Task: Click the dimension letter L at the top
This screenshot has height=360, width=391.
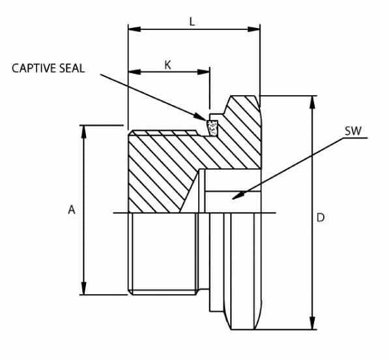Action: click(x=192, y=21)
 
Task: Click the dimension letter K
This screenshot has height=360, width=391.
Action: click(x=167, y=65)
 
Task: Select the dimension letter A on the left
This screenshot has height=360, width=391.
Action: click(x=72, y=210)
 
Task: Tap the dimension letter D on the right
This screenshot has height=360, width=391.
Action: click(x=320, y=217)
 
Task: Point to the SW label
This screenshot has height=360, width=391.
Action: click(x=353, y=130)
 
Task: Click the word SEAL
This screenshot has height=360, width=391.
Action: click(x=71, y=68)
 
